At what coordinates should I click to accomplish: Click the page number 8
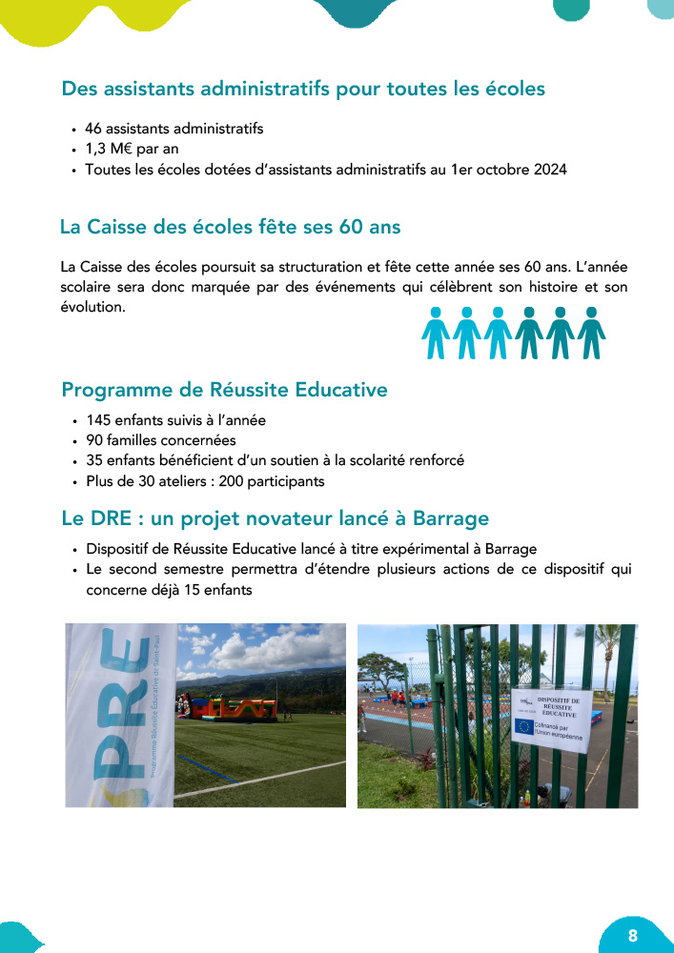pos(633,933)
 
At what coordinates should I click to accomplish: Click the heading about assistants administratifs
pos(303,89)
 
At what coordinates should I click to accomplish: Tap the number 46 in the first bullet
pos(93,128)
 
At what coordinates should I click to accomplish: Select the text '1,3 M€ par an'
pos(132,149)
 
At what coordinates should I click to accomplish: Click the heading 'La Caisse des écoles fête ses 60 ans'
pos(230,227)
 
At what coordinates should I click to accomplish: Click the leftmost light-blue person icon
pos(436,333)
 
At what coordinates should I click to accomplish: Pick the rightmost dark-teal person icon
pos(591,333)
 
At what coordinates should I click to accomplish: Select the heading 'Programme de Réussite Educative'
pos(224,390)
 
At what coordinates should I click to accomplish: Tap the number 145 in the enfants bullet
pos(99,420)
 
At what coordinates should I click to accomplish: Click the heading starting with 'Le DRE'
pos(275,518)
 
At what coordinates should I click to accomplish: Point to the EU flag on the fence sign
pos(523,726)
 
